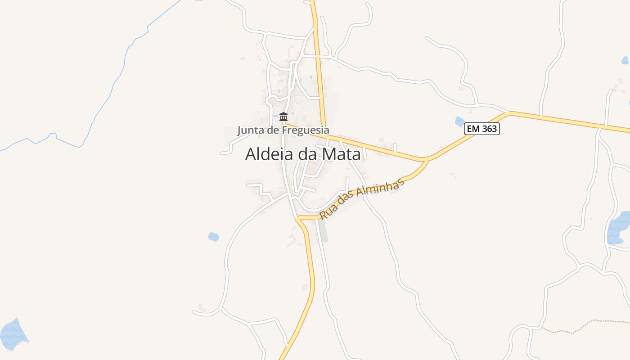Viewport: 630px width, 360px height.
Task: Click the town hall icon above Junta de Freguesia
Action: coord(283,117)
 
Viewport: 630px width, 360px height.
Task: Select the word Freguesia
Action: coord(306,130)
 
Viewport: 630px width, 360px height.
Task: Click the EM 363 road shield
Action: coord(482,129)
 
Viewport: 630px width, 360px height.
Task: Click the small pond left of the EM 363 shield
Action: coord(459,121)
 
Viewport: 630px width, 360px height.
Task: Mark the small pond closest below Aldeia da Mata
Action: coord(213,236)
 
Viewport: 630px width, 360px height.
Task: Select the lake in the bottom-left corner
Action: coord(13,333)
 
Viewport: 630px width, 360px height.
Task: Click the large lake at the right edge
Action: coord(618,229)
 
